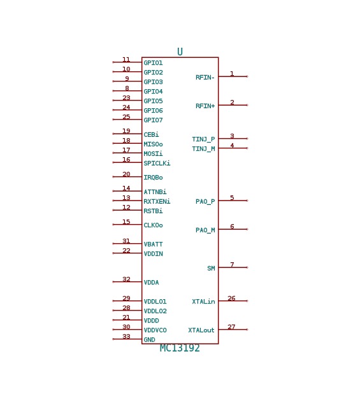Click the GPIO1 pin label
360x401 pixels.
(153, 63)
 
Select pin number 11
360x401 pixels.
(126, 60)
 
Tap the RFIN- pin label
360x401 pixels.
(205, 78)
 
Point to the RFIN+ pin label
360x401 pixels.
(205, 106)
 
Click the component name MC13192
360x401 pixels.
(180, 348)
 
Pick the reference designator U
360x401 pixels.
(180, 52)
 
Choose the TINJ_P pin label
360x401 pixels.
(203, 139)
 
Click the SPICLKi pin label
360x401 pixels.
(157, 164)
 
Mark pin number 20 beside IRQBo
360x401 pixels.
(126, 174)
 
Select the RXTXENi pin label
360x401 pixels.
(157, 202)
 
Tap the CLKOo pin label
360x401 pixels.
(153, 225)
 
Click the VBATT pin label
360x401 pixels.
(153, 244)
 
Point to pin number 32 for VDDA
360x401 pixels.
(126, 279)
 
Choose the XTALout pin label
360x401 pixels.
(201, 330)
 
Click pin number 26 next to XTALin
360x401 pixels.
(231, 298)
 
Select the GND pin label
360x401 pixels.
(149, 340)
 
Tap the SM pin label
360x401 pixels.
(211, 269)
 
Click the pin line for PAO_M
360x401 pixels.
(233, 229)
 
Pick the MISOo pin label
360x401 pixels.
(153, 144)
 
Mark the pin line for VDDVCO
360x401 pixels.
(127, 330)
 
